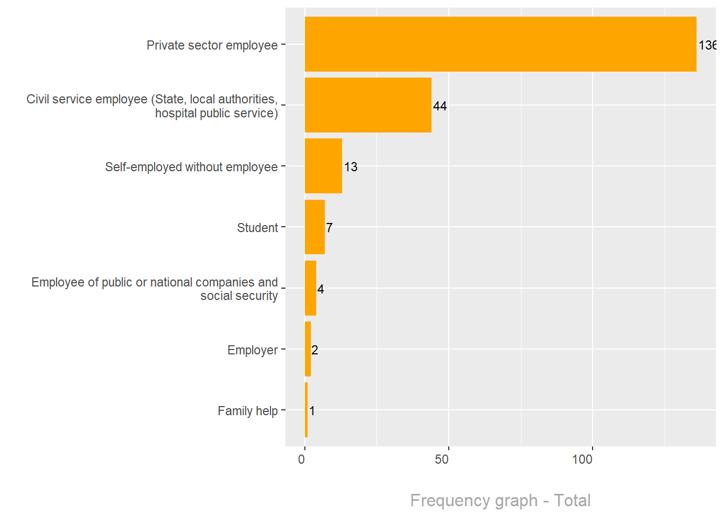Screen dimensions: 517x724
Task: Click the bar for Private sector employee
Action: coord(500,44)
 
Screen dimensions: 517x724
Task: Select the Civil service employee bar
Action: coord(368,105)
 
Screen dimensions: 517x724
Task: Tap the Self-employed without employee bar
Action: coord(323,166)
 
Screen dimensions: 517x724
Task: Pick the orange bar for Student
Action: coord(315,227)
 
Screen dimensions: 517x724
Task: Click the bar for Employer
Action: coord(308,349)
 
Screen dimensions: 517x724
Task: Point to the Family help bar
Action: coord(306,410)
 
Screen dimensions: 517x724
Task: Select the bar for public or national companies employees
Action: coord(310,288)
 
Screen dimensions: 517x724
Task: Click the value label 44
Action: coord(440,106)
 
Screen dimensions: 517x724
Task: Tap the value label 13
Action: coord(351,167)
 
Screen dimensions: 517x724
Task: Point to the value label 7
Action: coord(329,228)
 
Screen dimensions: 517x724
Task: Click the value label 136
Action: coord(707,45)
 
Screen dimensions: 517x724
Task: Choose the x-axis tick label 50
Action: coord(442,459)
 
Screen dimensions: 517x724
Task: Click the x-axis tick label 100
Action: coord(582,459)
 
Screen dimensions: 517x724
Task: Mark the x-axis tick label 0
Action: coord(302,459)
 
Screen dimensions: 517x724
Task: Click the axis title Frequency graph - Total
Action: coord(500,500)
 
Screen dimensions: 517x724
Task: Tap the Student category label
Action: coord(257,228)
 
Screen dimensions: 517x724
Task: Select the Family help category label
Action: coord(248,411)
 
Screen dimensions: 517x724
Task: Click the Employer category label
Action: coord(253,350)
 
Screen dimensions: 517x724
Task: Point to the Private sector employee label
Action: coord(212,45)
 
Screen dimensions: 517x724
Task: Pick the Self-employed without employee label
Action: coord(191,167)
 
